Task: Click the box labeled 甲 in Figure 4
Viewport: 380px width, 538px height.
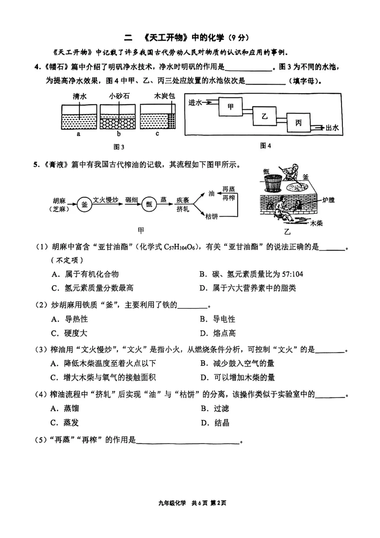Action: [x=230, y=107]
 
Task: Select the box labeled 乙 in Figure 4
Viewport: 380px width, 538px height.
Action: [x=264, y=116]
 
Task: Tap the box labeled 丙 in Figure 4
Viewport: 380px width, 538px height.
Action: [x=298, y=123]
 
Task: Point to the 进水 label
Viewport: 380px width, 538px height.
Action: [x=195, y=102]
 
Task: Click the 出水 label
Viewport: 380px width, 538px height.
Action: [x=332, y=128]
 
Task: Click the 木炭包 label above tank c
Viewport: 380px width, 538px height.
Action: [x=164, y=96]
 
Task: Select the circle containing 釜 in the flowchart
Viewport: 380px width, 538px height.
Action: [x=84, y=204]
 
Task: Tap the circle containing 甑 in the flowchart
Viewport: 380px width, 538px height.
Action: [x=149, y=204]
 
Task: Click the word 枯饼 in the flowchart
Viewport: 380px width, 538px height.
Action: [x=212, y=217]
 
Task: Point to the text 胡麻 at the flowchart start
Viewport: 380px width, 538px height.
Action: [x=59, y=201]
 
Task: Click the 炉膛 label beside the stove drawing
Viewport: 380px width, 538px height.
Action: [x=328, y=200]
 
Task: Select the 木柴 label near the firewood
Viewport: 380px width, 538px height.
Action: [x=316, y=223]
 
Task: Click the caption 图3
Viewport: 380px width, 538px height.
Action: [x=119, y=147]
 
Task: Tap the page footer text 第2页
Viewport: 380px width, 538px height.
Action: [x=218, y=503]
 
